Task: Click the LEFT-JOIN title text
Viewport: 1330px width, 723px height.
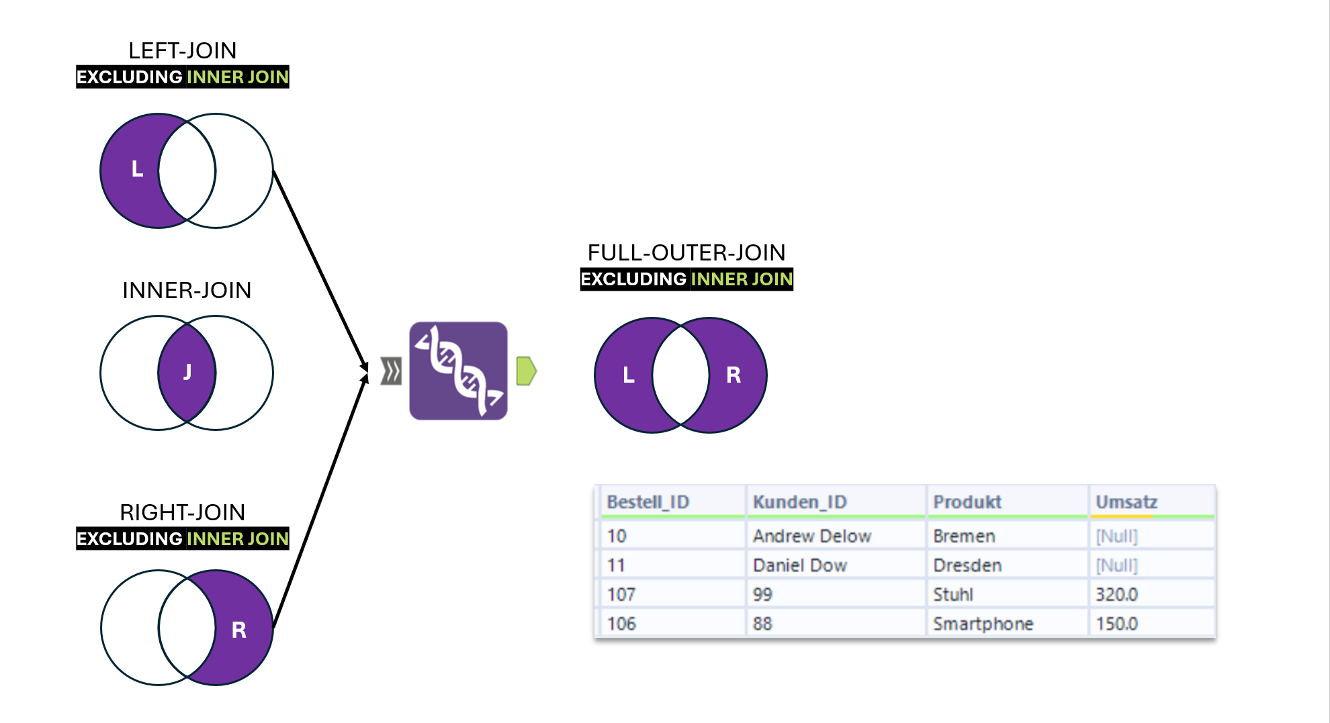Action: coord(182,51)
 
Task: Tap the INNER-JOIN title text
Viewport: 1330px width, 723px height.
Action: coord(187,291)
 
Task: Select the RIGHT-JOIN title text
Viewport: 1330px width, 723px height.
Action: coord(182,513)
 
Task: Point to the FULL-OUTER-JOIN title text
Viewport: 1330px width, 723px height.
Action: coord(686,253)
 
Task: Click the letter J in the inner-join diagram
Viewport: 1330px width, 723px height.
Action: coord(187,372)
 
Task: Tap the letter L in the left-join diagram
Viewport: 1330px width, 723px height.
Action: coord(137,169)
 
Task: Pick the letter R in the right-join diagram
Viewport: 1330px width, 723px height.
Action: coord(238,630)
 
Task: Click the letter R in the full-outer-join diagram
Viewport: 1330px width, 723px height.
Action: coord(734,375)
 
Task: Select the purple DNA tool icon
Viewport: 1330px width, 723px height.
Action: coord(458,371)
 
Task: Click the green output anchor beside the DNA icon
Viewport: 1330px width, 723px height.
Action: coord(526,371)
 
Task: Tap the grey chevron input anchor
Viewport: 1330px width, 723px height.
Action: coord(391,371)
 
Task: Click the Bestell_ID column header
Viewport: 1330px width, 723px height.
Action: coord(648,502)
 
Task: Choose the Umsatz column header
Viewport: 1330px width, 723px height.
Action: coord(1126,502)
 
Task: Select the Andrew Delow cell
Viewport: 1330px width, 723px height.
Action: coord(811,536)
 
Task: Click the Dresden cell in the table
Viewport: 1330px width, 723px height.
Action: coord(967,566)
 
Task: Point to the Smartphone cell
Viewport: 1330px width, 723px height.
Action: coord(983,624)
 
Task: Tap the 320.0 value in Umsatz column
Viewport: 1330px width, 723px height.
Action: coord(1116,595)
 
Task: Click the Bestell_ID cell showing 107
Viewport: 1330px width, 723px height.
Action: coord(621,595)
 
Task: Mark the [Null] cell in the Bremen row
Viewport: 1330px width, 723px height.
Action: coord(1116,536)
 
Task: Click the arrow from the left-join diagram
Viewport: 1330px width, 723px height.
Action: coord(319,269)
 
